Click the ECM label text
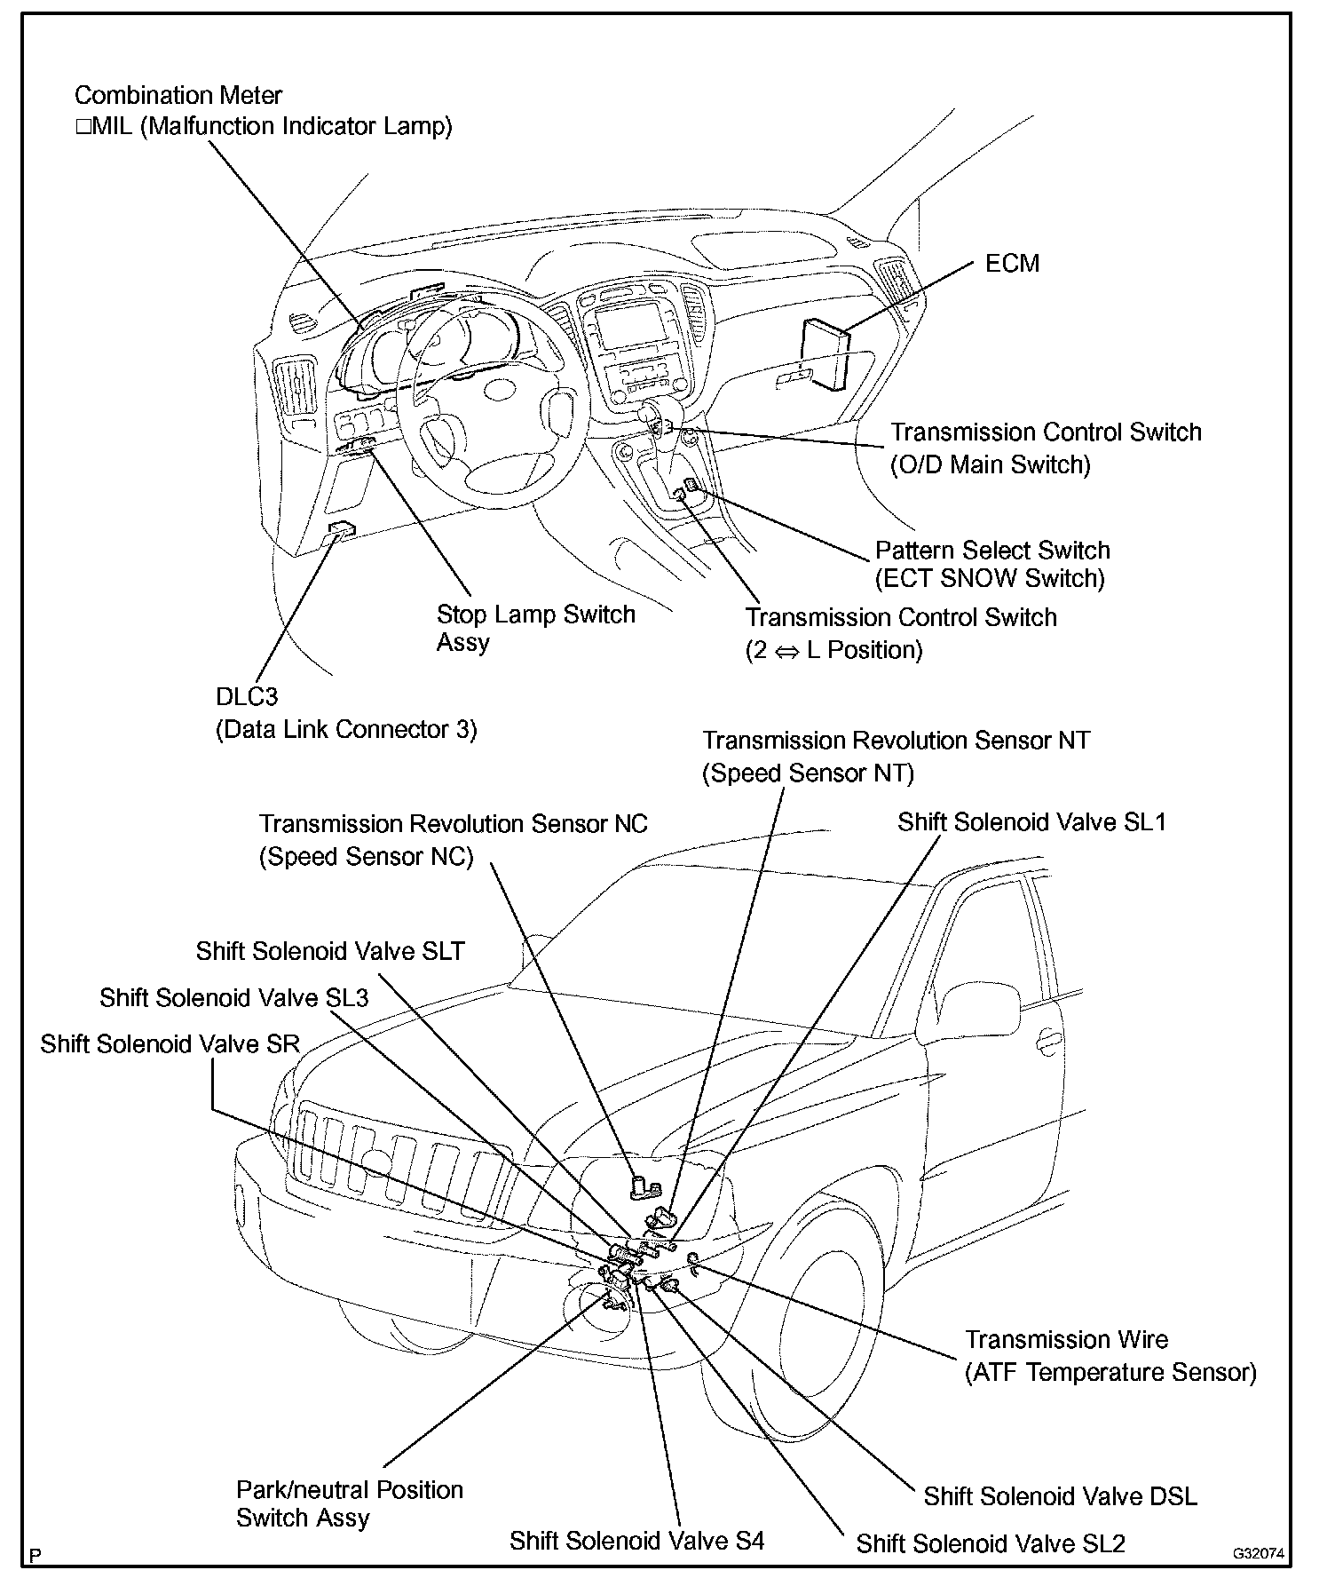(1012, 264)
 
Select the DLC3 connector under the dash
(342, 530)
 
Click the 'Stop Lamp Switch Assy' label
(535, 628)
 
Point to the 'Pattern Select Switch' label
(992, 550)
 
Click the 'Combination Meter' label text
(178, 96)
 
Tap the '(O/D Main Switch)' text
(990, 464)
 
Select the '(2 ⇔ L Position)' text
(833, 650)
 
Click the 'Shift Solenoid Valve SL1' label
(1031, 822)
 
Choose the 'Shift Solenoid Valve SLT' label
(330, 951)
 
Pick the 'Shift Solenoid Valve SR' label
(170, 1043)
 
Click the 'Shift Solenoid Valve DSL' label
(1060, 1496)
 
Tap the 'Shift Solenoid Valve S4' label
(636, 1541)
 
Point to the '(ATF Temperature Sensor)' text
(1110, 1373)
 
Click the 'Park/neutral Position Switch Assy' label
(349, 1503)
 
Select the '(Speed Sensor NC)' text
(366, 857)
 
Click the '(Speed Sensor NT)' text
(808, 773)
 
